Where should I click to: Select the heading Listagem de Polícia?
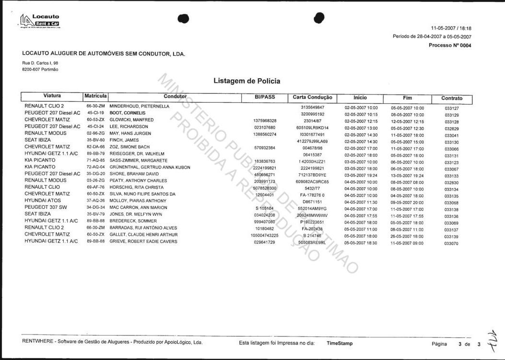tap(247, 81)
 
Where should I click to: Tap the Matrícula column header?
tap(95, 96)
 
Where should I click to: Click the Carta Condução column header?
tap(312, 97)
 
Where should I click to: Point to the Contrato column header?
tap(452, 98)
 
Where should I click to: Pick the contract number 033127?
tap(452, 108)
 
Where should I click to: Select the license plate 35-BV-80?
tap(95, 140)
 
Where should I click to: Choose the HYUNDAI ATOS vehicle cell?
tap(44, 201)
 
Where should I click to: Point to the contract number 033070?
tap(452, 243)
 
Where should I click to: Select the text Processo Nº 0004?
tap(450, 46)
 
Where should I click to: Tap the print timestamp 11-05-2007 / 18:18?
tap(451, 28)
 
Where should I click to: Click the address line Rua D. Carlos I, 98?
tap(40, 63)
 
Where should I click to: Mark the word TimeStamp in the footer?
tap(340, 343)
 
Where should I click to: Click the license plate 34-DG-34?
tap(95, 207)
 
